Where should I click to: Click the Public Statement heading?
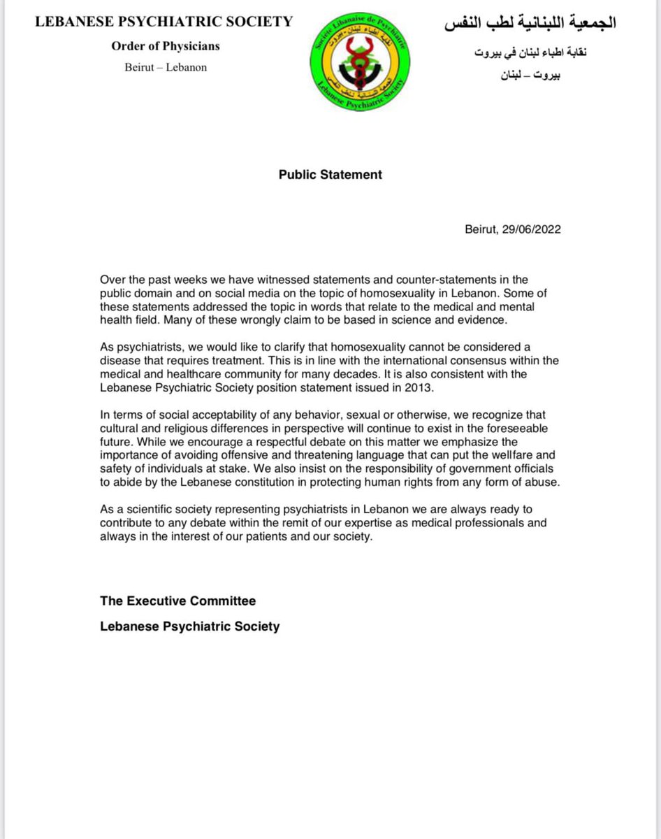[x=330, y=175]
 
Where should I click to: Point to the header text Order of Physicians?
[x=165, y=46]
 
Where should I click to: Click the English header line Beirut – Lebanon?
[x=166, y=68]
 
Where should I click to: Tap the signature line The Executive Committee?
[x=177, y=601]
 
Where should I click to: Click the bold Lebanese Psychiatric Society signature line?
[x=189, y=626]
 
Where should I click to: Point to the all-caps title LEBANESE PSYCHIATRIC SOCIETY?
[x=165, y=22]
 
